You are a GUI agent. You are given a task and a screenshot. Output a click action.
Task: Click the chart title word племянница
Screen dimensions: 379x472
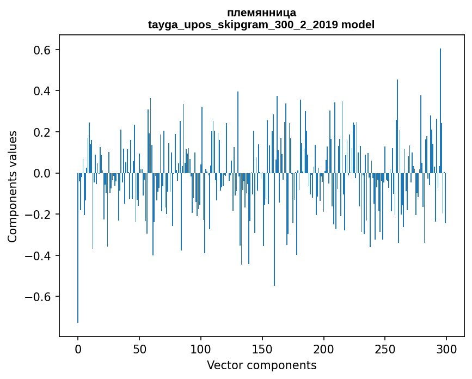pyautogui.click(x=261, y=13)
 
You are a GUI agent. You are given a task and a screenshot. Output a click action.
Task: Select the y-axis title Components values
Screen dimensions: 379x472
pyautogui.click(x=13, y=186)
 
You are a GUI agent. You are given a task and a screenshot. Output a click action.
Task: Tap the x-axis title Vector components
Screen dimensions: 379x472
pyautogui.click(x=261, y=365)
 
